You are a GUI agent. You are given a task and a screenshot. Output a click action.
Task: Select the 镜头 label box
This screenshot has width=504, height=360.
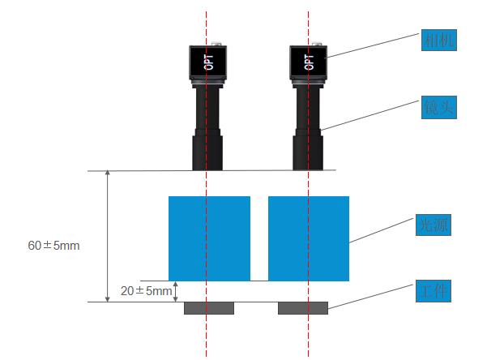point(438,107)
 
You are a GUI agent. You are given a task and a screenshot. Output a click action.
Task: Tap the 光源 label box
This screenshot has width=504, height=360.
point(430,225)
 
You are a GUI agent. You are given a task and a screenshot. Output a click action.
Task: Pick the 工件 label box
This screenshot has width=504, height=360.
point(431,289)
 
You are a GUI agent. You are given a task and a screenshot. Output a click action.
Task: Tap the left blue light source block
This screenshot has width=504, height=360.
point(209,238)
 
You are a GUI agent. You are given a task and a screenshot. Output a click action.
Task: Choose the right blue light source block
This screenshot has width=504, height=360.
point(309,238)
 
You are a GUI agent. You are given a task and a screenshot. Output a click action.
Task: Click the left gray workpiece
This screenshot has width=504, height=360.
point(209,308)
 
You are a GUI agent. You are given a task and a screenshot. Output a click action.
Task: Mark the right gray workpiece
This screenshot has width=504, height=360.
point(303,308)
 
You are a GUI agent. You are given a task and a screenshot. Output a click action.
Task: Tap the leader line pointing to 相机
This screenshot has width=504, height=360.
point(373,48)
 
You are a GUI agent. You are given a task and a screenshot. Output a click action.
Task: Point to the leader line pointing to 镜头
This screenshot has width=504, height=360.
point(373,117)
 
